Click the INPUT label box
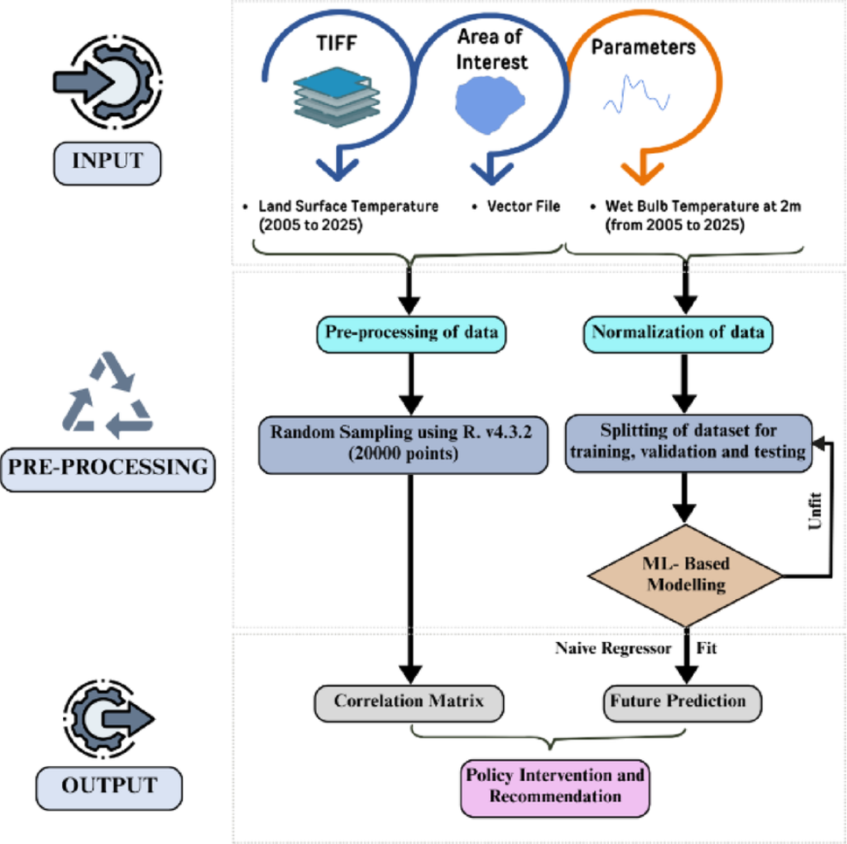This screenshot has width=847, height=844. [107, 163]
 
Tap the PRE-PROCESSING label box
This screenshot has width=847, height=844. [108, 470]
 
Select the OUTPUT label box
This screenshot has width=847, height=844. [109, 787]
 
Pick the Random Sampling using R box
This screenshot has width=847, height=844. [403, 444]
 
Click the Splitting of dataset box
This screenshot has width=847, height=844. [688, 443]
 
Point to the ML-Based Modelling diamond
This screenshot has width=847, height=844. [685, 575]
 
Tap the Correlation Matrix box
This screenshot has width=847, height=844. [409, 703]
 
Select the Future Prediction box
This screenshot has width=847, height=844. [682, 703]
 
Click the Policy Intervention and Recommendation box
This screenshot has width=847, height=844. [555, 788]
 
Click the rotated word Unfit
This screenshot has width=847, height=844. [815, 511]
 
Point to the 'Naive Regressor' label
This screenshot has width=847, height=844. [613, 648]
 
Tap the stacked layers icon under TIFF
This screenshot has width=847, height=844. [337, 97]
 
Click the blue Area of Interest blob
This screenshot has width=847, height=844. [490, 105]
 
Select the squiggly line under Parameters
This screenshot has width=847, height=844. [636, 94]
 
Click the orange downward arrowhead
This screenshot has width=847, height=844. [642, 173]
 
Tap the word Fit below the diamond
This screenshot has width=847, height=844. [706, 648]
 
